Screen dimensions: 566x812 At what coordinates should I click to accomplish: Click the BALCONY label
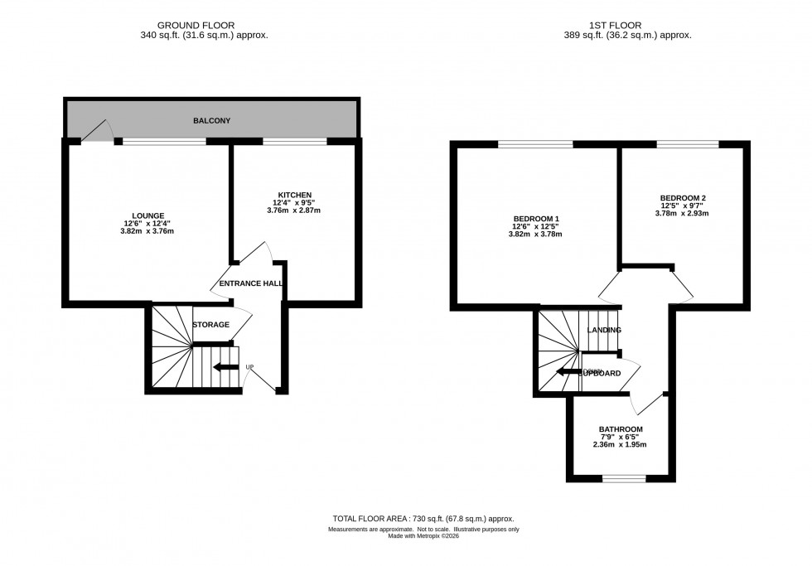[x=211, y=121]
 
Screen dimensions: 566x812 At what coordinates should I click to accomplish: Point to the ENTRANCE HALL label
[x=250, y=284]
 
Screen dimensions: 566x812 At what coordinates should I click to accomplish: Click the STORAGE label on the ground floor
[x=210, y=325]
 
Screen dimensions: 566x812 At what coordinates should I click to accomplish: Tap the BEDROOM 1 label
[x=534, y=219]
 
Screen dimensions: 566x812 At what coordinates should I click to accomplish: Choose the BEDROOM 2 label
[x=683, y=198]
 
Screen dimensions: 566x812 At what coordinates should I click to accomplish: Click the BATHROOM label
[x=621, y=429]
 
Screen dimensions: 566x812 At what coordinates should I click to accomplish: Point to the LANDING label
[x=604, y=331]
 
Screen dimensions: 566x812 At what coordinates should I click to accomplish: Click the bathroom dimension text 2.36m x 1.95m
[x=621, y=444]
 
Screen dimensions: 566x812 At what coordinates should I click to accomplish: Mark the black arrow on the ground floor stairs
[x=223, y=367]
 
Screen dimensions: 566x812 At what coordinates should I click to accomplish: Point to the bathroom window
[x=624, y=478]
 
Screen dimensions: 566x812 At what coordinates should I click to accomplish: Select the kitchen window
[x=295, y=142]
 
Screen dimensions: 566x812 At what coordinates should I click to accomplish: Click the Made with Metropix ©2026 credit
[x=423, y=536]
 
